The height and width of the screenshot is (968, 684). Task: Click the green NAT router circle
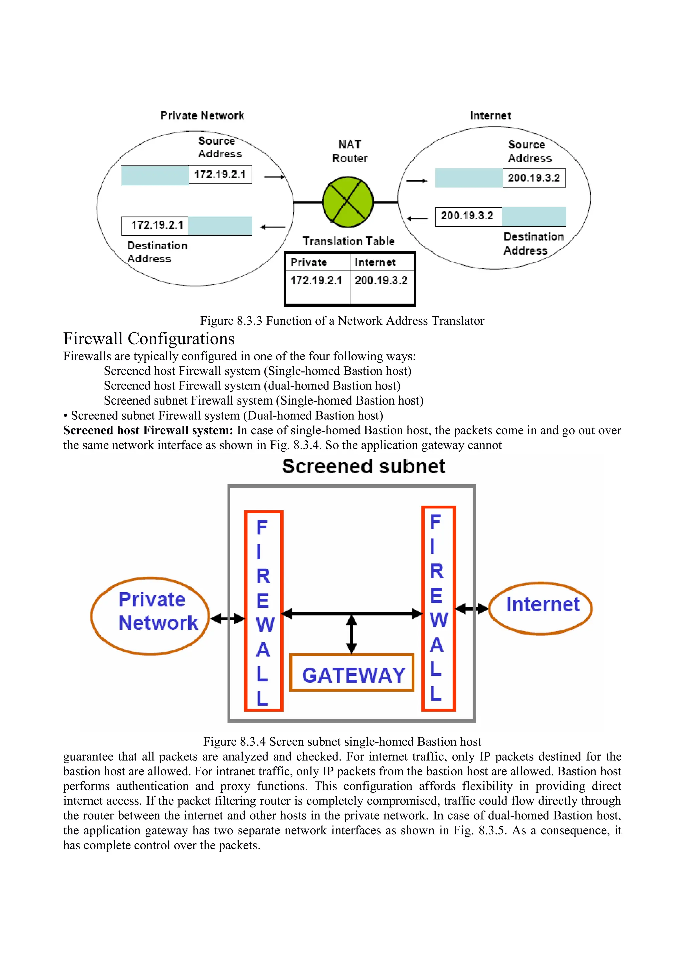[x=348, y=202]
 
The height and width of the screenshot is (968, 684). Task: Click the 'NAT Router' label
[x=349, y=151]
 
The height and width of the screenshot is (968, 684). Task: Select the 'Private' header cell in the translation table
[x=317, y=262]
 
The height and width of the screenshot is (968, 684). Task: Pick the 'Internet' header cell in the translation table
[x=382, y=262]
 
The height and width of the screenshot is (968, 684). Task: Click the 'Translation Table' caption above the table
[x=349, y=241]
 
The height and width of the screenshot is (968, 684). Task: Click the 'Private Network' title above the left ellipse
[x=202, y=116]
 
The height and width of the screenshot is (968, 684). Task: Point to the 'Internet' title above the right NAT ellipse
[x=491, y=116]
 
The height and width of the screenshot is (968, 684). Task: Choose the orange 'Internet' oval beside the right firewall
[x=541, y=608]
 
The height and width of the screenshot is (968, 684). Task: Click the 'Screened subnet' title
[x=363, y=466]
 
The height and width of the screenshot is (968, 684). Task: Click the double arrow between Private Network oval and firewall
[x=227, y=619]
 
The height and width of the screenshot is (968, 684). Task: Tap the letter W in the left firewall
[x=264, y=625]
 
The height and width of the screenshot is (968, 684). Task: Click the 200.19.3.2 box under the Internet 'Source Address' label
[x=534, y=178]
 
